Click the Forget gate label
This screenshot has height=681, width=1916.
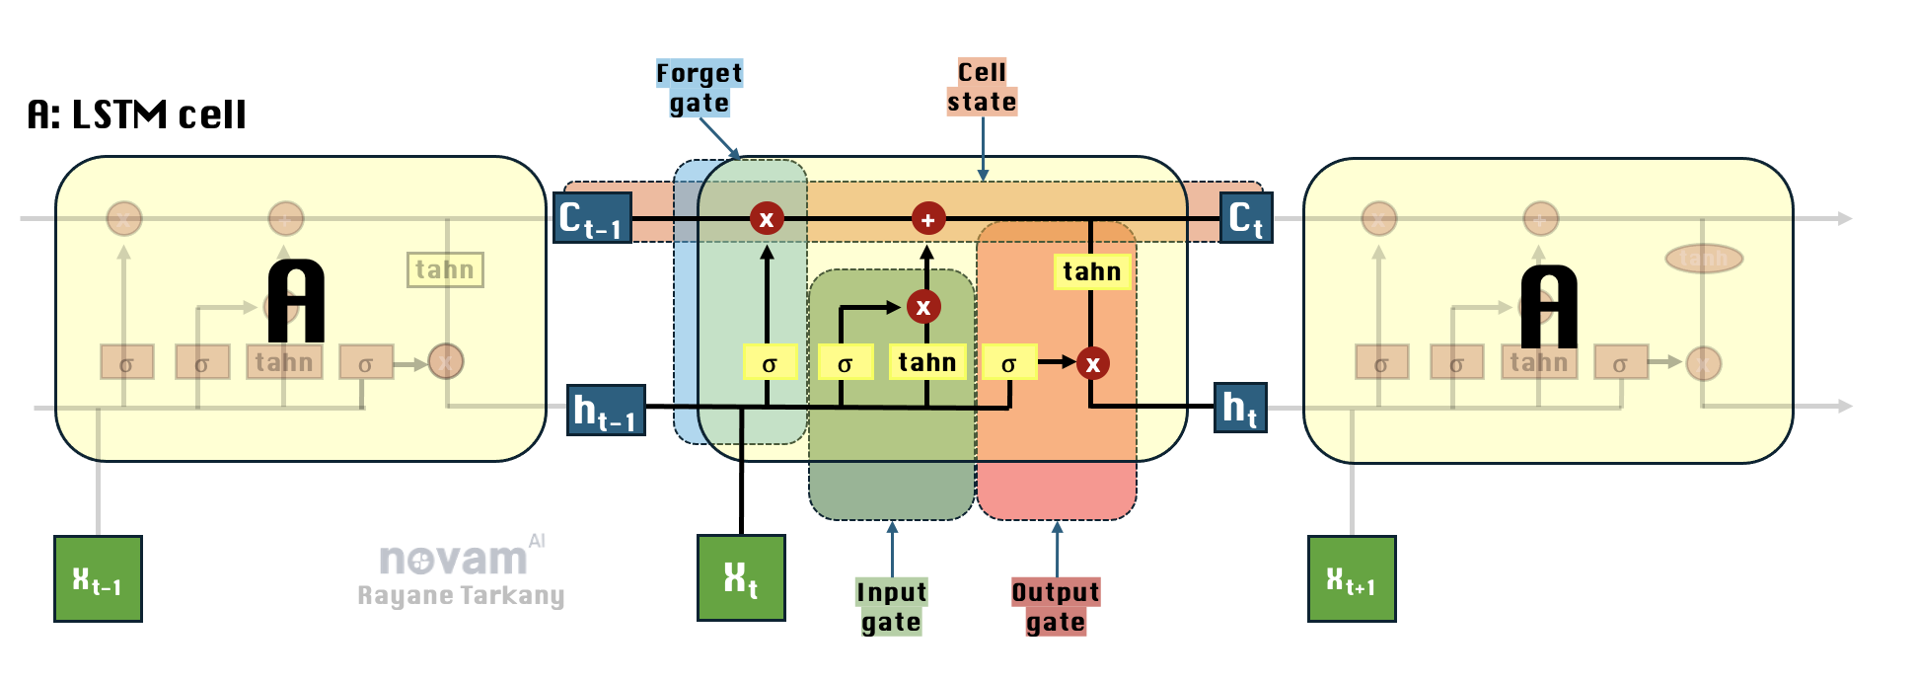[700, 88]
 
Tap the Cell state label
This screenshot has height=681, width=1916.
[982, 87]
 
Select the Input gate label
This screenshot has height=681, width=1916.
[891, 606]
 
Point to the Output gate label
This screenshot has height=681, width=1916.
[1055, 606]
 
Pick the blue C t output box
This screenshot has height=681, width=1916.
[1246, 218]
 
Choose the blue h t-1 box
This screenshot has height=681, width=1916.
[606, 410]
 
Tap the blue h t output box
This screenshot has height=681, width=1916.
[1239, 408]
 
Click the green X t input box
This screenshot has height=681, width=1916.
[741, 577]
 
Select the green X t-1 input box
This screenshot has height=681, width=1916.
[98, 578]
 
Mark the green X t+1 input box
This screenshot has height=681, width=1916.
[1351, 578]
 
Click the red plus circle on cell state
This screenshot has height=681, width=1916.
[927, 219]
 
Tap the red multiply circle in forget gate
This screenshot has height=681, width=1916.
[767, 218]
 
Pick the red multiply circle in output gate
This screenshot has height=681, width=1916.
[1092, 363]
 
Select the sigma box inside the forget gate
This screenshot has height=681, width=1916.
[769, 362]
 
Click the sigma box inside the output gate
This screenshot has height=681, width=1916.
[1008, 362]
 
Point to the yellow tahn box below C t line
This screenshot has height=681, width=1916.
[1091, 271]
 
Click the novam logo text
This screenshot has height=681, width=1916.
[454, 560]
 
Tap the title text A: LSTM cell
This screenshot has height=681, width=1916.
[136, 115]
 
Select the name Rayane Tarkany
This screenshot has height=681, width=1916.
[461, 595]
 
